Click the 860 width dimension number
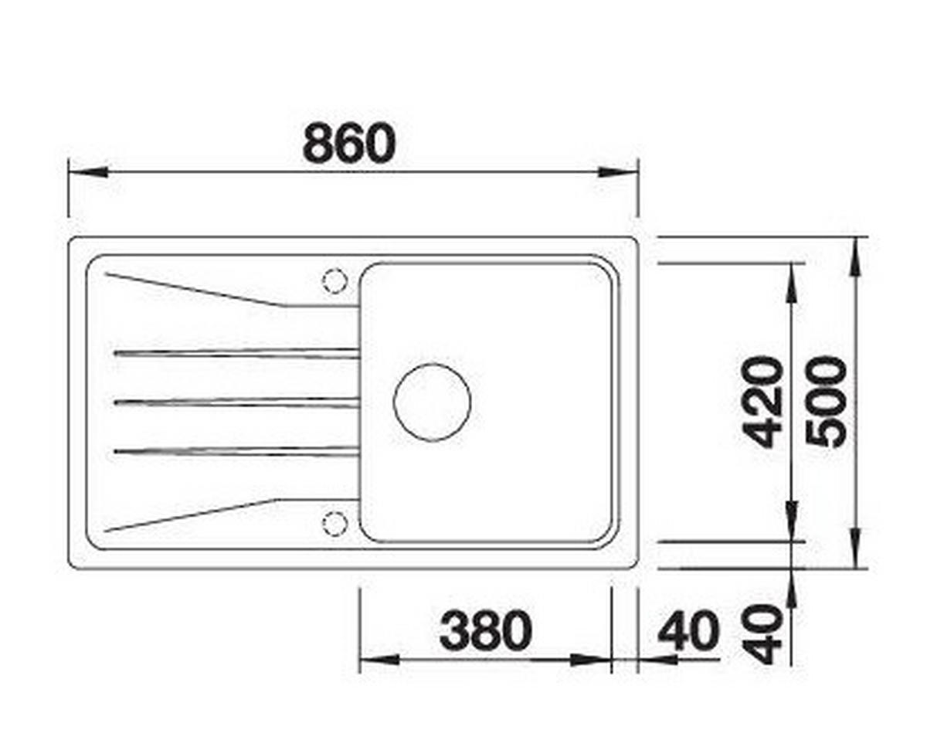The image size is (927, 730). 348,143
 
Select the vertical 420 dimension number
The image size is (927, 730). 765,402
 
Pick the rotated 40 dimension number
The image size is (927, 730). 765,633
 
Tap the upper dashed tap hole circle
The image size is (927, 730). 335,280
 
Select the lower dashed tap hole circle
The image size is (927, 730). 335,525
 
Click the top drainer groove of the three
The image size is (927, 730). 236,353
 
